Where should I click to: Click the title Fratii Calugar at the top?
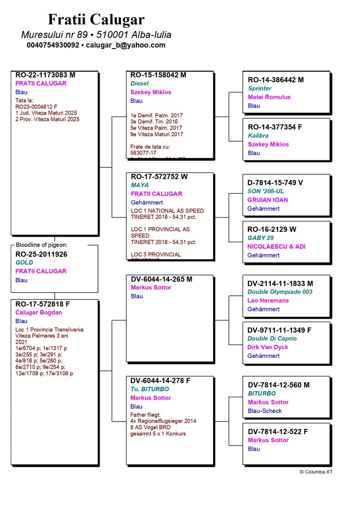96,20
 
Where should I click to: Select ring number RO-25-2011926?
41,254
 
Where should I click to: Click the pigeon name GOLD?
24,263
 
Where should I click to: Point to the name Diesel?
139,84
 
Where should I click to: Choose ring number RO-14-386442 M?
276,80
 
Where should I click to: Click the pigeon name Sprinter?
260,89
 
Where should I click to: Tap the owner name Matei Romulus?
269,97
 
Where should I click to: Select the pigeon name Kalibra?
258,135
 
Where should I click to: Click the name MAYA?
139,185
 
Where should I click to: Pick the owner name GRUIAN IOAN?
268,200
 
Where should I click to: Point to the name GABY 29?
260,238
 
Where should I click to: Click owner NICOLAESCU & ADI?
276,246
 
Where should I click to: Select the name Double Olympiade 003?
279,292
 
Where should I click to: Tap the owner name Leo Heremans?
268,300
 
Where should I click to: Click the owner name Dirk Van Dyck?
268,347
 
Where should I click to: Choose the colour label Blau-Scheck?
265,411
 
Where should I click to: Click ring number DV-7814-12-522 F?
278,432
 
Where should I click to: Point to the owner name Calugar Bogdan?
39,312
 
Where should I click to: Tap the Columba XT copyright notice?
316,472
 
